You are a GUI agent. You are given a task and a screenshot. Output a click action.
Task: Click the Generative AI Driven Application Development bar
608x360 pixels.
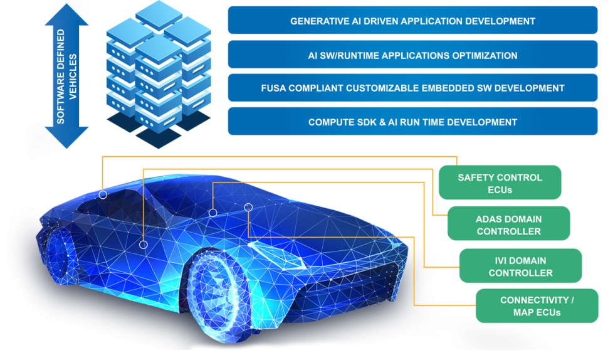point(412,21)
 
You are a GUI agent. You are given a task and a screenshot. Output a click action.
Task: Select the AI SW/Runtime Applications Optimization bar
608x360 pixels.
point(412,55)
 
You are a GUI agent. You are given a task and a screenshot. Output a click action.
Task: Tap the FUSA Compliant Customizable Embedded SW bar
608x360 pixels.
point(412,88)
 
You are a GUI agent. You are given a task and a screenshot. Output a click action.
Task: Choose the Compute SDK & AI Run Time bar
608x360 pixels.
point(412,122)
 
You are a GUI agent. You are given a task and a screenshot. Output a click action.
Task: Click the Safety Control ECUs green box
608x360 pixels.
point(500,183)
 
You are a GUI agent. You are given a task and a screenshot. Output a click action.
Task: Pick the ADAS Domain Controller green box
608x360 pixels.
point(508,225)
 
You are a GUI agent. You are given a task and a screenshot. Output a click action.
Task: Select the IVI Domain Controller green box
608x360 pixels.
point(520,266)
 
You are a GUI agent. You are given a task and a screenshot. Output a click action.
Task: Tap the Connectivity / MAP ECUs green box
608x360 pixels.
point(537,306)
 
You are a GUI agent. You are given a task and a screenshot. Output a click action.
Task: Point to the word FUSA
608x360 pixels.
point(275,88)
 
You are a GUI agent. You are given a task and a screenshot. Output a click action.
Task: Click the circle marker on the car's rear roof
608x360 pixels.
point(103,195)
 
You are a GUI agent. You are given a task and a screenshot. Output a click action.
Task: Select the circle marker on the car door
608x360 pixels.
point(144,245)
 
